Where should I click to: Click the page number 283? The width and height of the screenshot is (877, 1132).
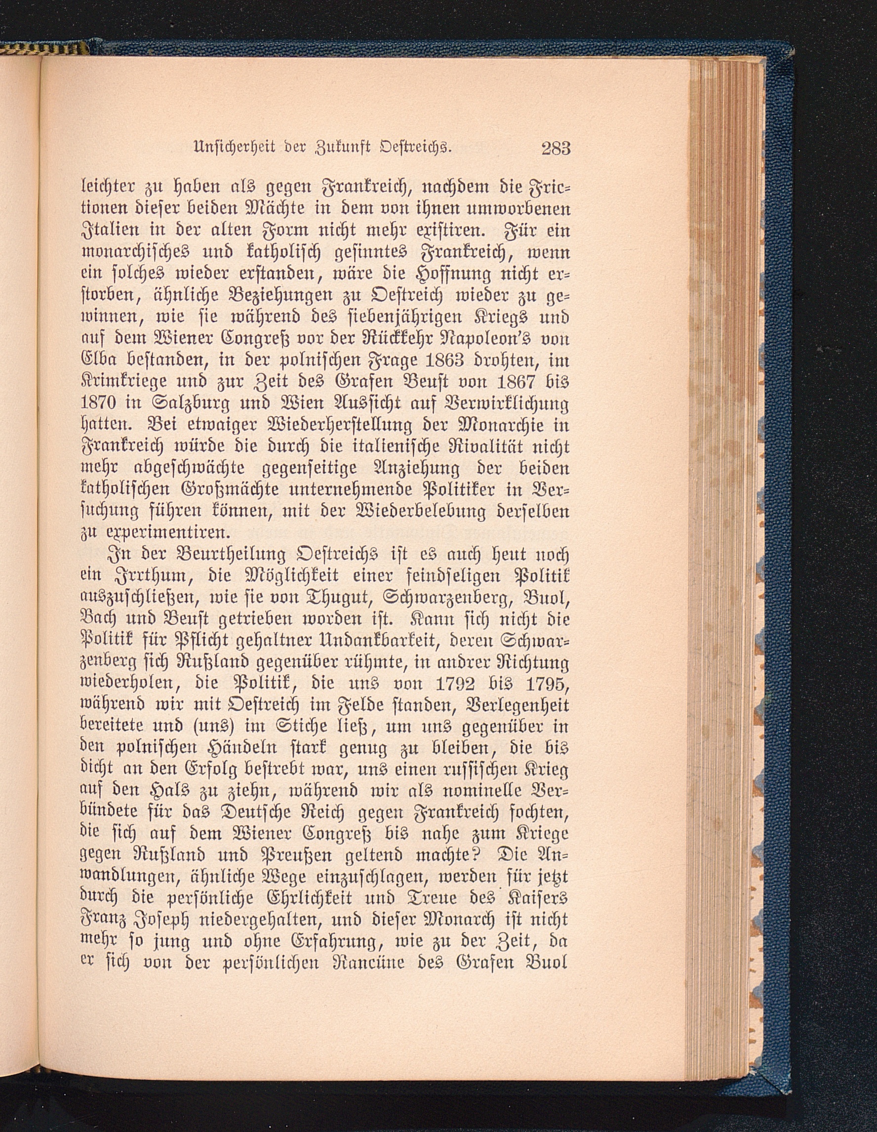tap(556, 149)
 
